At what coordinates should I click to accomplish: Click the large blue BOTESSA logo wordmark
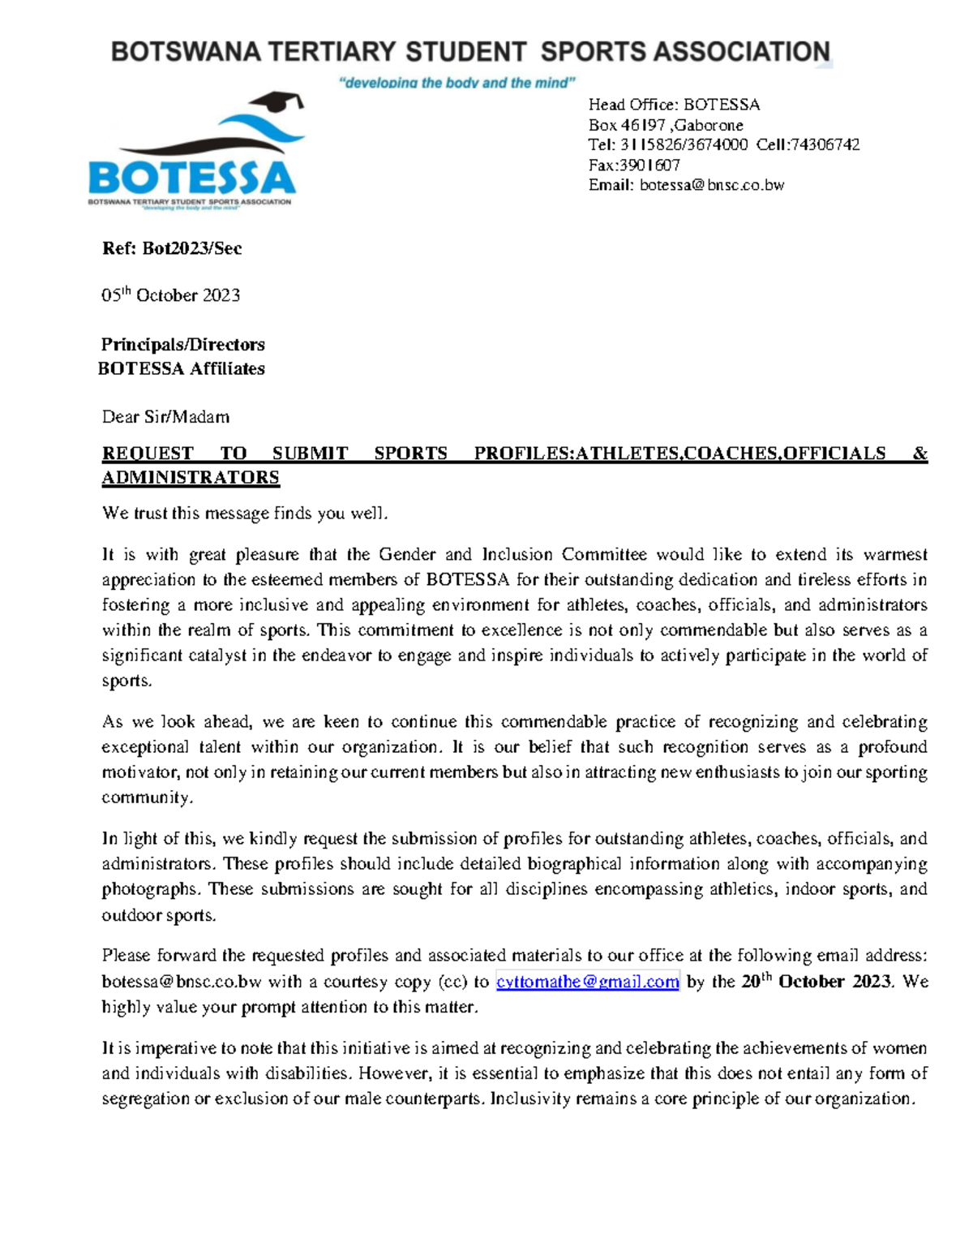191,177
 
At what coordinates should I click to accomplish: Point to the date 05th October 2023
170,295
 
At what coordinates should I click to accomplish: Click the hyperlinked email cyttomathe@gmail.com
587,982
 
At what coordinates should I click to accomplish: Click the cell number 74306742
825,144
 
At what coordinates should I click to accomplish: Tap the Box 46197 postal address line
665,125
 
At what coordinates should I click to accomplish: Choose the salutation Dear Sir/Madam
165,417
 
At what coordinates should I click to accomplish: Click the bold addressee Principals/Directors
183,344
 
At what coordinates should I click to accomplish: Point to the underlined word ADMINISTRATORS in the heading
191,477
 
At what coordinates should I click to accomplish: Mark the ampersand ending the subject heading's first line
919,454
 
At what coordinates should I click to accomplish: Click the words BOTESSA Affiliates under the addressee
182,368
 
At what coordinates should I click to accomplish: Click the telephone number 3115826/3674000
684,144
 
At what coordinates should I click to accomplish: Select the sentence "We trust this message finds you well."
246,514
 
